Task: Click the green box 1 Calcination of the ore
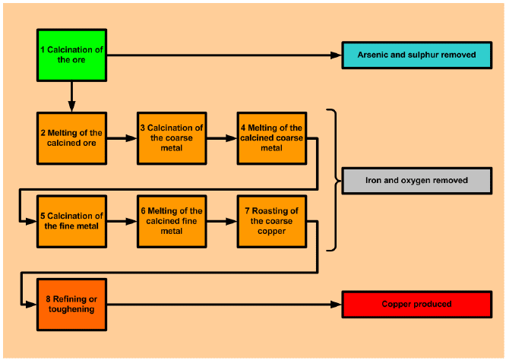pyautogui.click(x=72, y=55)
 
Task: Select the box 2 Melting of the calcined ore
pyautogui.click(x=72, y=138)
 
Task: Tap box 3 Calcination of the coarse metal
pyautogui.click(x=171, y=138)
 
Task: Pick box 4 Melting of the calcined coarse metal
pyautogui.click(x=271, y=138)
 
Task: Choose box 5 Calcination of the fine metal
pyautogui.click(x=72, y=221)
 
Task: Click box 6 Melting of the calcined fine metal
pyautogui.click(x=171, y=221)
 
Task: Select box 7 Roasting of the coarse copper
pyautogui.click(x=271, y=221)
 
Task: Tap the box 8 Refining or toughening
pyautogui.click(x=72, y=305)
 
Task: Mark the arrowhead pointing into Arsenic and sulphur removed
pyautogui.click(x=337, y=55)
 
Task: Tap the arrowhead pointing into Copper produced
pyautogui.click(x=337, y=305)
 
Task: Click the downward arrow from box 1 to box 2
pyautogui.click(x=72, y=96)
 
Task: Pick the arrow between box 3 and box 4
pyautogui.click(x=221, y=139)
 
